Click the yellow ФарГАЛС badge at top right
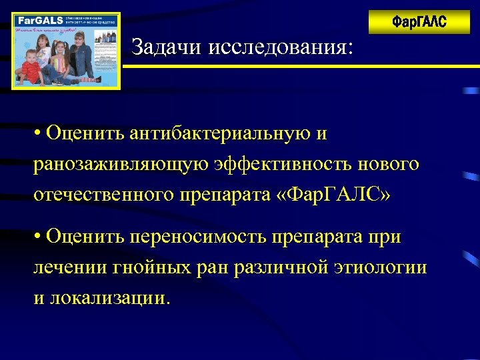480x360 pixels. coord(419,22)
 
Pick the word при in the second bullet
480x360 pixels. coord(387,237)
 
